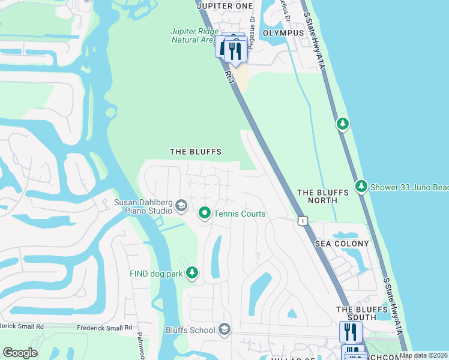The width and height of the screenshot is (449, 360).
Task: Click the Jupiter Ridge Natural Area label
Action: (192, 35)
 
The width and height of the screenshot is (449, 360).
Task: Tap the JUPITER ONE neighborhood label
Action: (223, 5)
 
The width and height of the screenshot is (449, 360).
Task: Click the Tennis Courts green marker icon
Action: (204, 213)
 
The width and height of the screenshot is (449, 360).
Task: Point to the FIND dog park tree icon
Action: (192, 273)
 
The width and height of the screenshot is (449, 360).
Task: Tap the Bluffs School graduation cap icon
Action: (224, 329)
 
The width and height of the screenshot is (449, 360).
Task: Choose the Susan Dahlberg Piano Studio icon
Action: (180, 207)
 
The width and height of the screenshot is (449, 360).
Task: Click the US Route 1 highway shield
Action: (303, 221)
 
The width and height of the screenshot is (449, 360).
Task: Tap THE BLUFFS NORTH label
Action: (323, 196)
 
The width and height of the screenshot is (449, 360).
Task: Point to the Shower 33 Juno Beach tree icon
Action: (361, 187)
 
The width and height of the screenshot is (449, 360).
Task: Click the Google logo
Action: (20, 353)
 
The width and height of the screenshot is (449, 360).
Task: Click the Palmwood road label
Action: (142, 346)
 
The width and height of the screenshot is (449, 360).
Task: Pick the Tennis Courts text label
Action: (239, 214)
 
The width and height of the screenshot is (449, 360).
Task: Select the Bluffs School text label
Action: (190, 330)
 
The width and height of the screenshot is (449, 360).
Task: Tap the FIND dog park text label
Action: (156, 274)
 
